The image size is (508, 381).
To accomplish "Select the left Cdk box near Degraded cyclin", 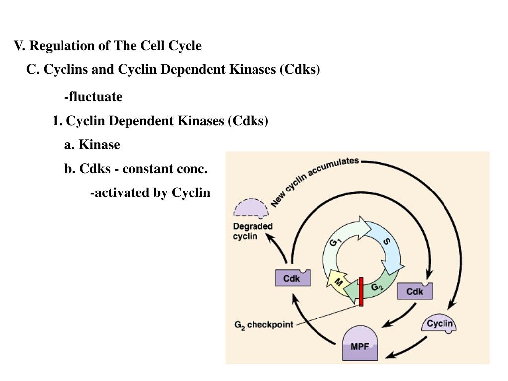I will pyautogui.click(x=293, y=278).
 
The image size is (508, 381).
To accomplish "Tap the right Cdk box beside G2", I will pyautogui.click(x=415, y=291).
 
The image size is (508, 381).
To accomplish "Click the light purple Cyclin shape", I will pyautogui.click(x=440, y=324).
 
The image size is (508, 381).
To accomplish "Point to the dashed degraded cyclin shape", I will pyautogui.click(x=251, y=209).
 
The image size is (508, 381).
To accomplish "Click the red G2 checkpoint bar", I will pyautogui.click(x=361, y=292).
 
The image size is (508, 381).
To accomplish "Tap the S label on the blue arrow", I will pyautogui.click(x=387, y=242).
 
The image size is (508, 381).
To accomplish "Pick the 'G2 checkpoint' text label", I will pyautogui.click(x=263, y=325).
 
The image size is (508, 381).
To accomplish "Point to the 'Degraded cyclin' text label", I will pyautogui.click(x=253, y=231).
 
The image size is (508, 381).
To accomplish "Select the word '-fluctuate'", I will pyautogui.click(x=93, y=97).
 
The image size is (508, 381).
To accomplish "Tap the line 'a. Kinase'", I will pyautogui.click(x=92, y=145).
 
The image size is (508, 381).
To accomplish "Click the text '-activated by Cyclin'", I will pyautogui.click(x=150, y=192).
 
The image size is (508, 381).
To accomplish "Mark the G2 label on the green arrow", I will pyautogui.click(x=377, y=287).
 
